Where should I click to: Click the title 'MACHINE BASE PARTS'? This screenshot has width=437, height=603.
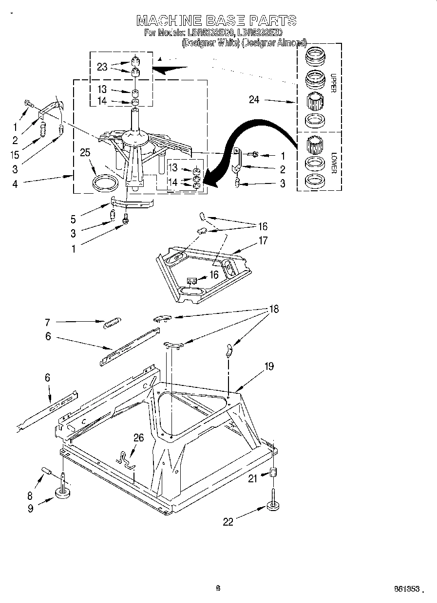point(216,20)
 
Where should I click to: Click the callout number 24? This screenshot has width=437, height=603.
point(254,100)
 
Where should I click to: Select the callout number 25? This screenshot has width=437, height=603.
point(85,153)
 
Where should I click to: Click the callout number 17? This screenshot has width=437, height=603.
point(263,240)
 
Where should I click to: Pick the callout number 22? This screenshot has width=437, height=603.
point(228,522)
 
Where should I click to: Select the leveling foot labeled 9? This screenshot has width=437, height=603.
point(63,493)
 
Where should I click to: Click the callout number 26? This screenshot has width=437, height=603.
point(139,438)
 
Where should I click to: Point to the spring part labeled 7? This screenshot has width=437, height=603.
point(113,322)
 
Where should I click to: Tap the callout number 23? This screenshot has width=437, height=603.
point(102,67)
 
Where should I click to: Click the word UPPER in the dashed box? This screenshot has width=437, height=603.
point(334,83)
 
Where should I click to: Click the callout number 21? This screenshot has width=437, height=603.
point(252,479)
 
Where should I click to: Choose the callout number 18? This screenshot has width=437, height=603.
point(274,309)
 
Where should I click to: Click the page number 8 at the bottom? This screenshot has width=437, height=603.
point(218,588)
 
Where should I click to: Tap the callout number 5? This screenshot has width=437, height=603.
point(73,219)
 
